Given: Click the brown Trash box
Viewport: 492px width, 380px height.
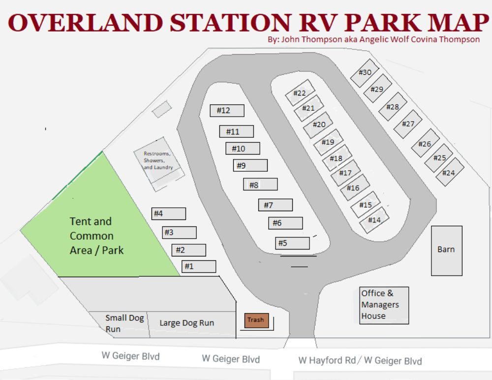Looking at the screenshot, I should tap(256, 320).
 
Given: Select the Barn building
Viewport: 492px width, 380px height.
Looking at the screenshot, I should tap(447, 250).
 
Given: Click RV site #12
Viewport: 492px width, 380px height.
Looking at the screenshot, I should tap(227, 111).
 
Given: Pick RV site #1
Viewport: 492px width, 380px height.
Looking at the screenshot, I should tap(199, 266).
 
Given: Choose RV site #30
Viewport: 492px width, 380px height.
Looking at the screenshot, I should tap(364, 73).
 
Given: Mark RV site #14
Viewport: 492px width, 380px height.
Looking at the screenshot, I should tap(375, 220).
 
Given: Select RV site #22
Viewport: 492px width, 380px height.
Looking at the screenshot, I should tap(299, 93).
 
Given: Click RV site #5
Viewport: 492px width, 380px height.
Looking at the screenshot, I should tap(292, 243).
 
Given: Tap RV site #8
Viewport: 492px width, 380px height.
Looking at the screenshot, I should tap(260, 185).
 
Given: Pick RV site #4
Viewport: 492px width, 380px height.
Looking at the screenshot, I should tap(168, 214).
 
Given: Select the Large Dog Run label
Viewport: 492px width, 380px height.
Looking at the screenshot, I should tap(186, 323).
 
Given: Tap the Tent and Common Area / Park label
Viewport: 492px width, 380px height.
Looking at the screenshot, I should tap(96, 236).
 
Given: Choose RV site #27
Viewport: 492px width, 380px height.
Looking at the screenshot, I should tap(408, 124).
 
